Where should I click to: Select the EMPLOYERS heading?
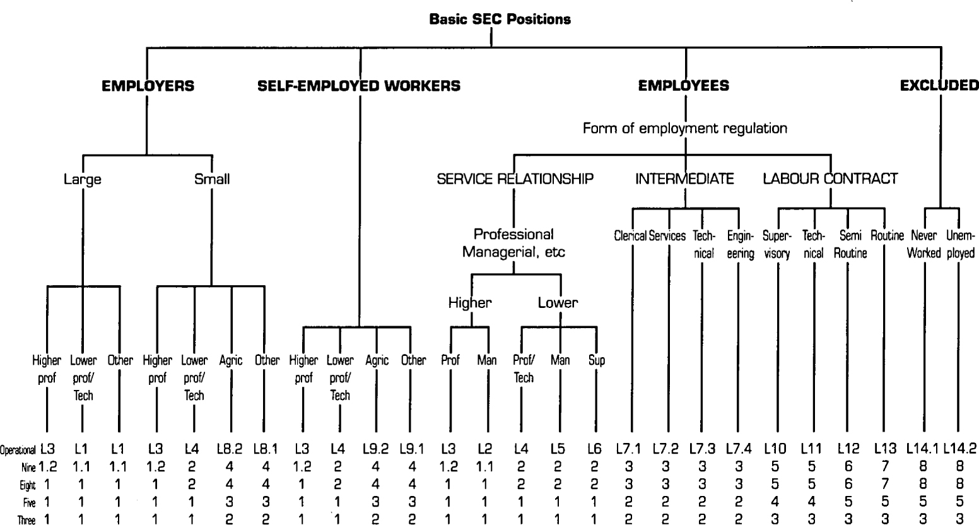(x=148, y=86)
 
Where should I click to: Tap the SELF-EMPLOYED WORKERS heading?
(x=359, y=86)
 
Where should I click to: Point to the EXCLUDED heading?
(x=939, y=86)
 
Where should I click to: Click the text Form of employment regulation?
(x=684, y=129)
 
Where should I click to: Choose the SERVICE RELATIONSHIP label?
(x=515, y=179)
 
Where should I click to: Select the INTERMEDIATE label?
(x=684, y=179)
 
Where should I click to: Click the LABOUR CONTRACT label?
(x=830, y=179)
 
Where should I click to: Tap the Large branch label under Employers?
(x=83, y=179)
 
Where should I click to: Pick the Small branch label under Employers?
(x=212, y=179)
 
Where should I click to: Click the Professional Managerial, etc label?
(x=514, y=243)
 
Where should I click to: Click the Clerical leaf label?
(x=630, y=236)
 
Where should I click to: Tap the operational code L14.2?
(x=959, y=449)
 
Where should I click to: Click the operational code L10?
(x=777, y=449)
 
